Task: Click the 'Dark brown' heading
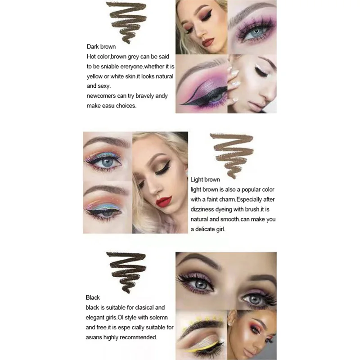click(x=101, y=47)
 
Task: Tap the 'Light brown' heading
click(x=205, y=180)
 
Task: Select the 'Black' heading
click(x=93, y=297)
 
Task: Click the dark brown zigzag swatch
click(x=126, y=22)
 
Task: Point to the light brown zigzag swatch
click(x=232, y=155)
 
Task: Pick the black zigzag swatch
click(x=126, y=272)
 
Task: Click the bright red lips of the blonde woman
click(x=164, y=201)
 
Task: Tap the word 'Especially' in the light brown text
click(x=249, y=199)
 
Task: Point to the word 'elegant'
click(x=94, y=318)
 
